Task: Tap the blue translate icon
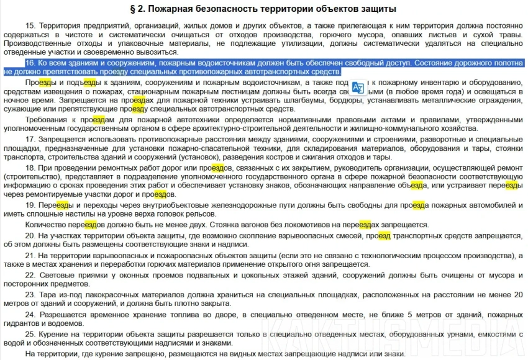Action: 358,87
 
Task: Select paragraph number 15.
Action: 30,25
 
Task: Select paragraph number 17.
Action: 30,140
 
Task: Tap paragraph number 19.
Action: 30,205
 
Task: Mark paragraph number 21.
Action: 30,256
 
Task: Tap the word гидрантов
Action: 24,324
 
